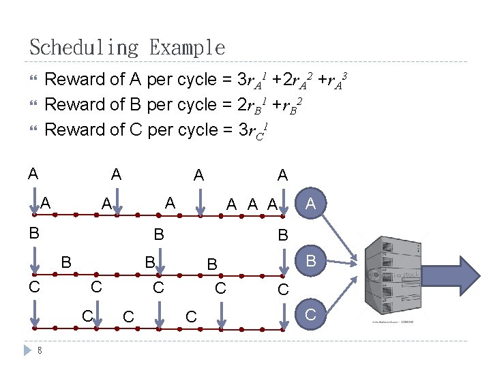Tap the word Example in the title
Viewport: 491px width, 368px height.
187,48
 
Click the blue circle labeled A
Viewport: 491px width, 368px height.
311,203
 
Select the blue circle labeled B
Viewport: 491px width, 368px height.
311,260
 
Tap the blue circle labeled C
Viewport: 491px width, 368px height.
311,315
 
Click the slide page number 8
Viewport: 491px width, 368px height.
40,350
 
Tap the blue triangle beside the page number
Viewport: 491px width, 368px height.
27,350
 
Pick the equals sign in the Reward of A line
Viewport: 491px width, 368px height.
226,80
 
